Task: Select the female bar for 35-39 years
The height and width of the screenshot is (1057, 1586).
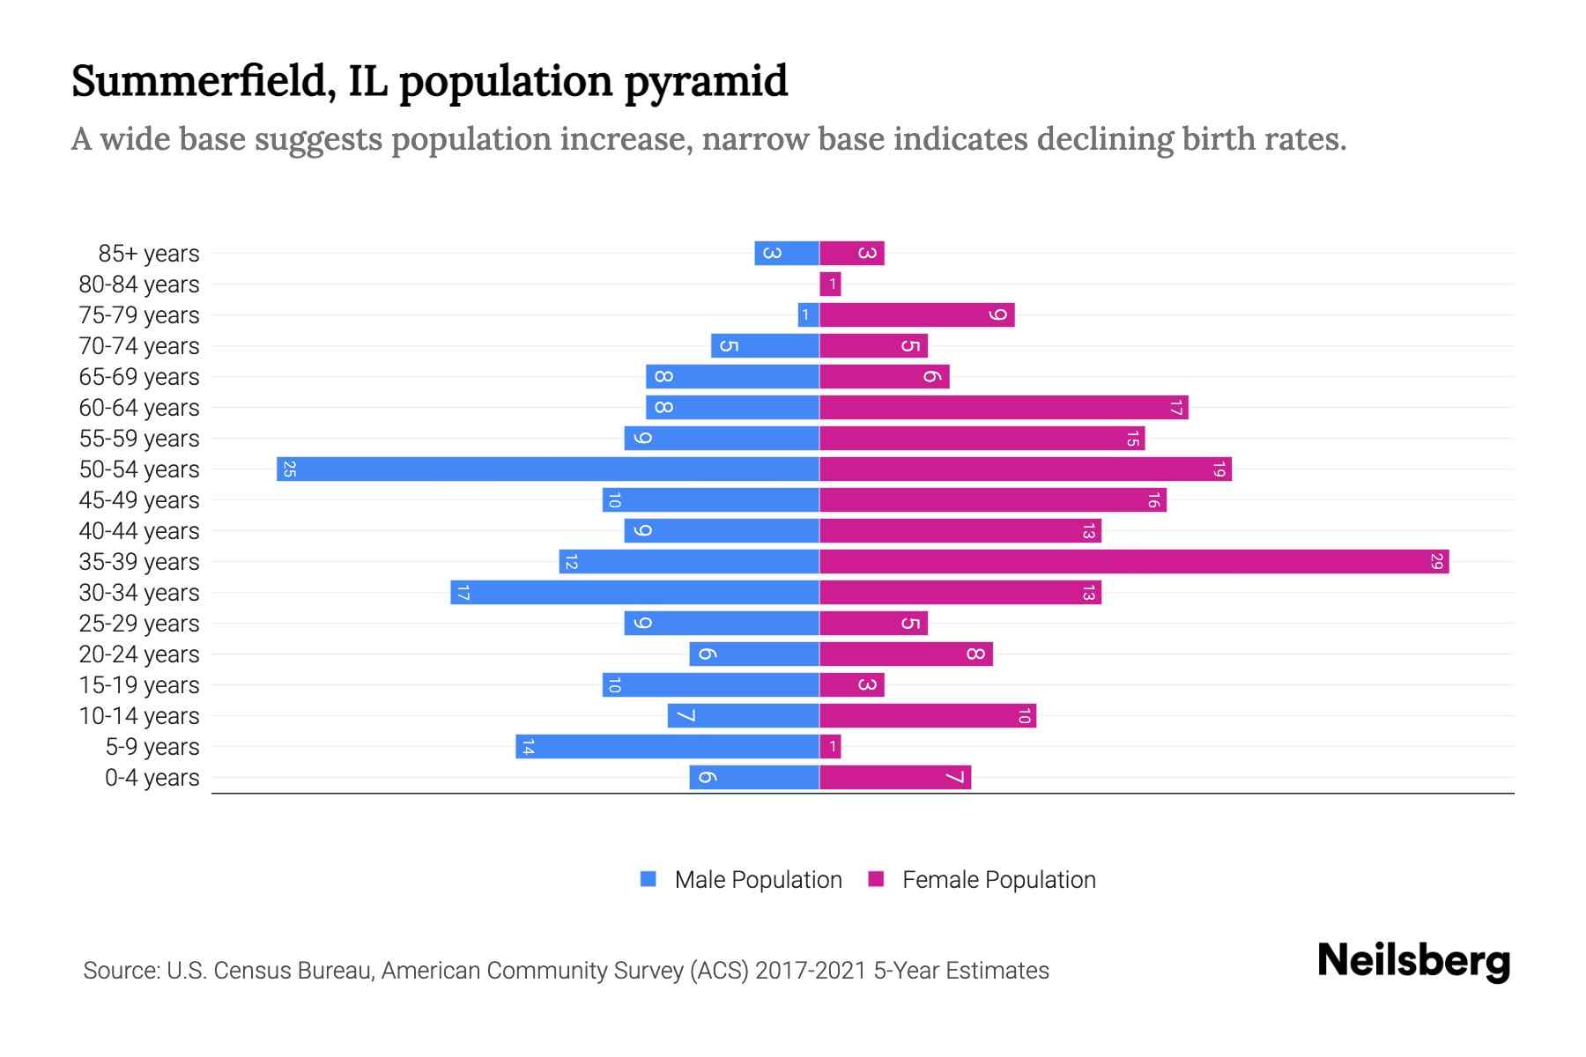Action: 1134,562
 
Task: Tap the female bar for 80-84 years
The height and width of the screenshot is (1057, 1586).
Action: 830,285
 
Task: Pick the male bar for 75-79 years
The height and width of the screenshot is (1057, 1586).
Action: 808,315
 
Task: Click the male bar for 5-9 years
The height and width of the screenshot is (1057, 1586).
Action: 667,747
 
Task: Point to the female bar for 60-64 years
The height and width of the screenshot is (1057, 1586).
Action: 1004,408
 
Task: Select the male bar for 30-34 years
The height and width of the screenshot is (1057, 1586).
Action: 634,593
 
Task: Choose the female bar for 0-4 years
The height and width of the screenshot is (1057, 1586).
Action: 895,778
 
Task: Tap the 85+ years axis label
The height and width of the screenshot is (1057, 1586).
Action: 148,254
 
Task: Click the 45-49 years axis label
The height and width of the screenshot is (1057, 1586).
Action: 139,500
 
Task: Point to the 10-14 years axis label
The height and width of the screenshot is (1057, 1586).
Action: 139,716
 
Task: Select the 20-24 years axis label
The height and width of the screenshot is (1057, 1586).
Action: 139,654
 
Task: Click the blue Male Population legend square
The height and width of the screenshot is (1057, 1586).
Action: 648,879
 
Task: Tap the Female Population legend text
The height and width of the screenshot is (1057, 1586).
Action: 998,880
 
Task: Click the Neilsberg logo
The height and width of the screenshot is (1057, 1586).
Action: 1413,961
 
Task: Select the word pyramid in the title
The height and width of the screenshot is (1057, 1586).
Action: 706,82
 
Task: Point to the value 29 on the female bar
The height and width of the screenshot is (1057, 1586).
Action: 1436,562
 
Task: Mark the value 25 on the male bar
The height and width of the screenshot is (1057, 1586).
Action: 289,469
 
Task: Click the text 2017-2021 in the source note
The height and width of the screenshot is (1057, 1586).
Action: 810,971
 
